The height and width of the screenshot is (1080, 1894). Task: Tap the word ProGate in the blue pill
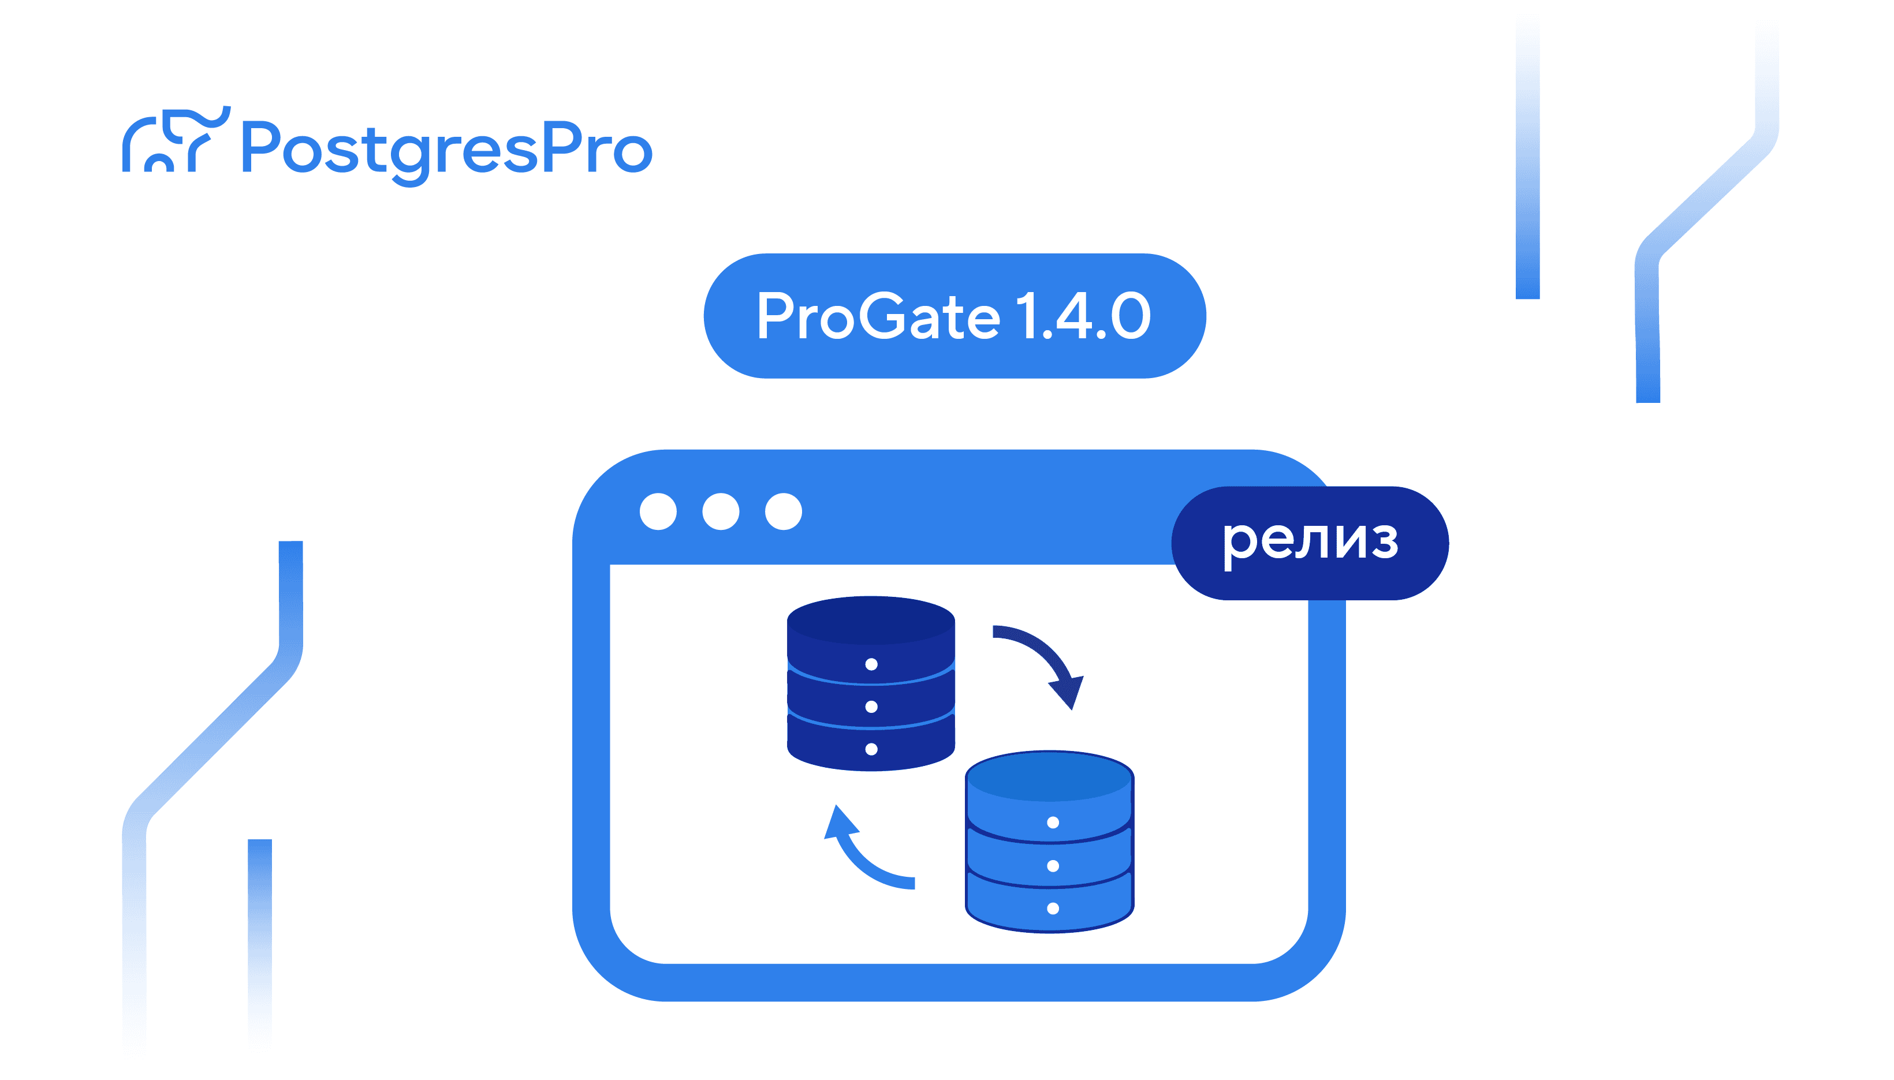[x=878, y=317]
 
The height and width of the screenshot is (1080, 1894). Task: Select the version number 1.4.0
[x=1083, y=317]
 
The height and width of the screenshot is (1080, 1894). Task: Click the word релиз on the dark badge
[x=1310, y=543]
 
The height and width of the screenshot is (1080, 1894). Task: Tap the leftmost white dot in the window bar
[x=658, y=511]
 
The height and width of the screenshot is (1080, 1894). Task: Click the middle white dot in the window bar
[x=721, y=511]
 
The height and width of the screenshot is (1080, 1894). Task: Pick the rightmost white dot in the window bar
[x=784, y=511]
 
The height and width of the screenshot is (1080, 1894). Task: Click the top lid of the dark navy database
[x=871, y=620]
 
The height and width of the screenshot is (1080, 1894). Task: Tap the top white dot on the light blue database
[x=1053, y=822]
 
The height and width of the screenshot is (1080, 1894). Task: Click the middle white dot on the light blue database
[x=1053, y=866]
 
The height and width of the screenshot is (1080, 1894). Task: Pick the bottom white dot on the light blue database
[x=1053, y=909]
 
